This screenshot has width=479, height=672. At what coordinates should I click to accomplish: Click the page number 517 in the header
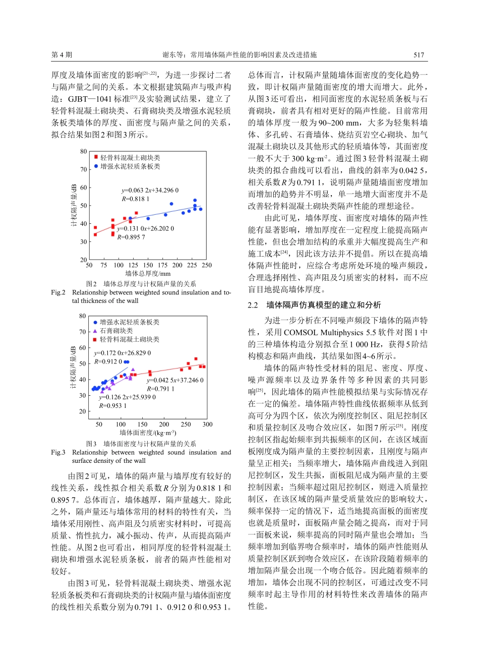[x=418, y=55]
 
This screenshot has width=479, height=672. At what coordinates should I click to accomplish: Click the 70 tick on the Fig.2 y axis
[x=84, y=169]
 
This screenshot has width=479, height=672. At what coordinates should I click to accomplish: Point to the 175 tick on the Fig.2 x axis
[x=162, y=265]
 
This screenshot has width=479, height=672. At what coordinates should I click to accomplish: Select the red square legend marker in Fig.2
[x=96, y=158]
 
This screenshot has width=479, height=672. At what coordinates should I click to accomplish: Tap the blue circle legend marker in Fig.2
[x=96, y=166]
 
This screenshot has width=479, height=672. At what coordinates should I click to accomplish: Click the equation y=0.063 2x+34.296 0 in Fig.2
[x=150, y=190]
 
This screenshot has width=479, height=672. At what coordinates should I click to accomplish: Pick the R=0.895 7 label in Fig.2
[x=131, y=237]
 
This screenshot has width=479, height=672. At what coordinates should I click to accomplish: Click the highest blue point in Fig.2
[x=195, y=201]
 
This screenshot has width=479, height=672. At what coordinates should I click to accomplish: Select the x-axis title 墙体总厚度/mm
[x=148, y=274]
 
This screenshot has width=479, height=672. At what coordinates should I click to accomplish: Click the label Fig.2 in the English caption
[x=58, y=292]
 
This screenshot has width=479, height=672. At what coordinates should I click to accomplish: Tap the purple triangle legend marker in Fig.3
[x=95, y=331]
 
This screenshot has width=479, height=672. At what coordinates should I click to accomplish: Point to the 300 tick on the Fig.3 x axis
[x=207, y=424]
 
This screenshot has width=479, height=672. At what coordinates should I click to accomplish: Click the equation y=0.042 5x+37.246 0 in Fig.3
[x=175, y=380]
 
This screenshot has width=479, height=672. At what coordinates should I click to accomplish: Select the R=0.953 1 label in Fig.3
[x=113, y=406]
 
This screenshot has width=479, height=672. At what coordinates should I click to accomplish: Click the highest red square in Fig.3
[x=196, y=359]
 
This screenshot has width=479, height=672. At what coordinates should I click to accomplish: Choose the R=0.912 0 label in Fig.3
[x=108, y=361]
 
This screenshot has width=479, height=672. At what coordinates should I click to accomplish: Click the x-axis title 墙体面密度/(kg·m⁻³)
[x=148, y=433]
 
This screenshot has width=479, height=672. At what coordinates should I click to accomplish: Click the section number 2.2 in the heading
[x=253, y=305]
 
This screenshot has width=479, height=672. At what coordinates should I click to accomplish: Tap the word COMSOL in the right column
[x=301, y=333]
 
